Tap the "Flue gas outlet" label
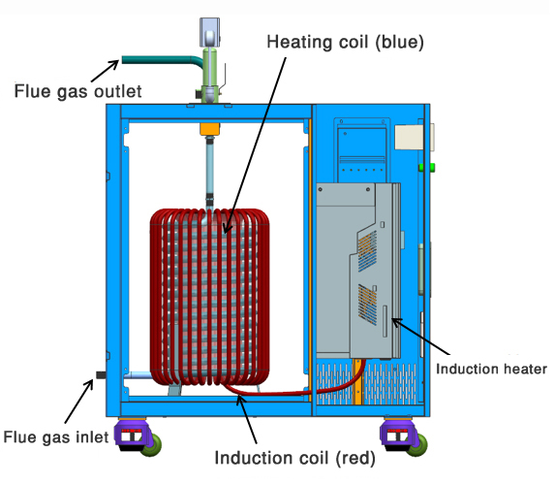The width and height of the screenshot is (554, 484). [x=77, y=93]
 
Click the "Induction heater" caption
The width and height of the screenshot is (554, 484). [x=492, y=369]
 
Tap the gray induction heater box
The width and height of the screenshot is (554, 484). [x=358, y=272]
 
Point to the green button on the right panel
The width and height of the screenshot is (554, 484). [x=421, y=167]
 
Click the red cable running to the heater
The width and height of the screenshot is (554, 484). [x=291, y=392]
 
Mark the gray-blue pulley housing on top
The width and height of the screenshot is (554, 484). [x=210, y=33]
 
